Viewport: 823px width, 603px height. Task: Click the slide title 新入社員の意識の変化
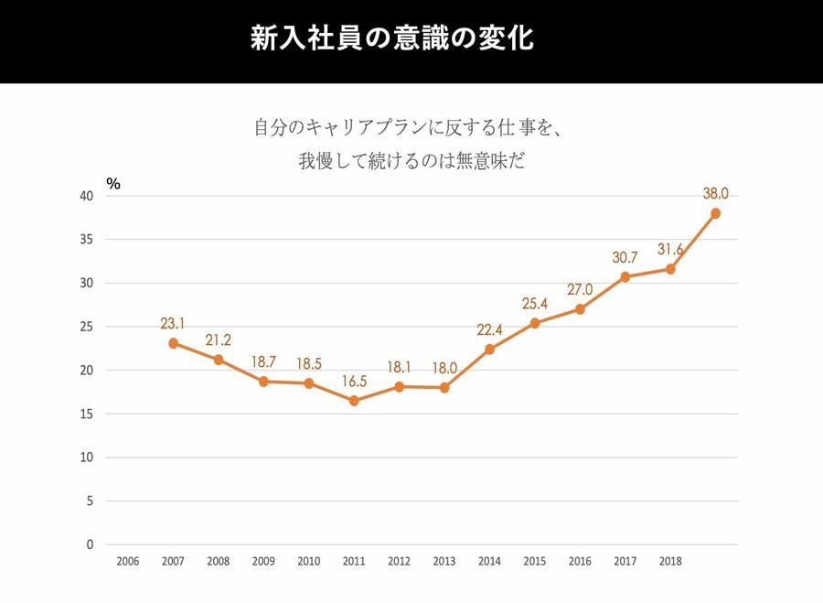click(391, 40)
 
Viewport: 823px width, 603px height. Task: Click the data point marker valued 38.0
click(715, 213)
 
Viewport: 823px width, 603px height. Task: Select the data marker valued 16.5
click(354, 401)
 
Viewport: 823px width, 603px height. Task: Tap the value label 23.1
click(172, 323)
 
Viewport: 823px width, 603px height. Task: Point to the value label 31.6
click(671, 249)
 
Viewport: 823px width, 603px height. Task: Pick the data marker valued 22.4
click(489, 350)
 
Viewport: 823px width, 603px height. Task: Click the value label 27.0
click(580, 289)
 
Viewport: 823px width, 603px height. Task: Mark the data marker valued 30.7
click(625, 276)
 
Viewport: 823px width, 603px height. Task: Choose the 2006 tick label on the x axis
click(128, 561)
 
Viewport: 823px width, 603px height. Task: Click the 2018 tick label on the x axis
click(670, 561)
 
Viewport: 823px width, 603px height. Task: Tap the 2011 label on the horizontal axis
click(354, 561)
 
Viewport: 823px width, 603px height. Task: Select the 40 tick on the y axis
click(86, 196)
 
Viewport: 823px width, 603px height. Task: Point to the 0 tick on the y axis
click(90, 544)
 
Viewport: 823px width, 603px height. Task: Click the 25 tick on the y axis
click(86, 327)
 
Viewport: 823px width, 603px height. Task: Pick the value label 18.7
click(263, 361)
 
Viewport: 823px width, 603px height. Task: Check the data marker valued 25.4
click(535, 323)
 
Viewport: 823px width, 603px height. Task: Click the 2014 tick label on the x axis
click(489, 561)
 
